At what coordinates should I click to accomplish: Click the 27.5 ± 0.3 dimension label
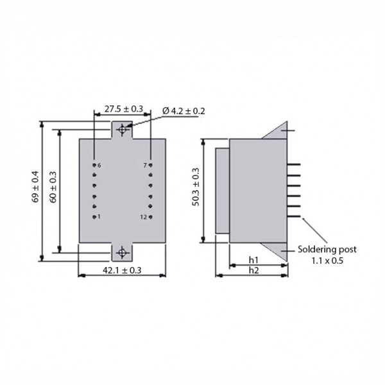(x=123, y=109)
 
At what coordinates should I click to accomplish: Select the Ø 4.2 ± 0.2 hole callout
(x=184, y=111)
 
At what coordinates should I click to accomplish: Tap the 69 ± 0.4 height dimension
(x=35, y=187)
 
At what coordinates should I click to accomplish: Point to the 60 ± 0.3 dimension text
(x=53, y=187)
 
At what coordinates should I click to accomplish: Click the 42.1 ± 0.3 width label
(x=122, y=270)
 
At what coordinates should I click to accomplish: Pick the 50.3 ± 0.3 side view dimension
(x=196, y=187)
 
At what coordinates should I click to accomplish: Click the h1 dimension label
(x=253, y=259)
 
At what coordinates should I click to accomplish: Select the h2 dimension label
(x=254, y=270)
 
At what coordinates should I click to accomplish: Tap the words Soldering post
(x=327, y=250)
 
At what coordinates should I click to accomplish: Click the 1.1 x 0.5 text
(x=327, y=261)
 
